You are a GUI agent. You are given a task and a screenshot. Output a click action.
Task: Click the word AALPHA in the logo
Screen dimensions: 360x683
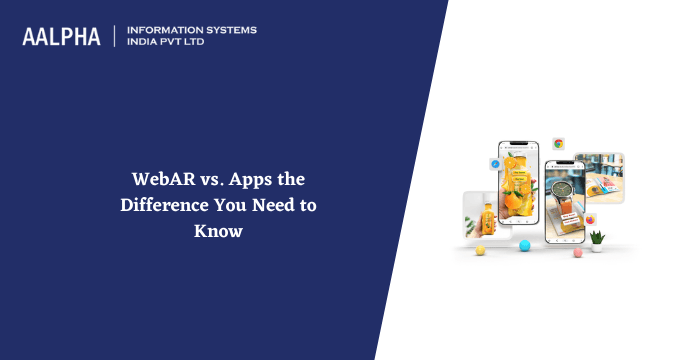click(x=61, y=36)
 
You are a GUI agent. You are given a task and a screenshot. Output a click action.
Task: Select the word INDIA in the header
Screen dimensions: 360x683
click(x=144, y=43)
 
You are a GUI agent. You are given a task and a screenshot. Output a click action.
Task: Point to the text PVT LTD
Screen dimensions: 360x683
click(x=189, y=43)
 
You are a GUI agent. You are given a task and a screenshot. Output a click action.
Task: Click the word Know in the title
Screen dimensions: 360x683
click(x=219, y=230)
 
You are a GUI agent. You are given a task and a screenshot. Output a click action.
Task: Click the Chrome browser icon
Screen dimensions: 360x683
click(x=558, y=144)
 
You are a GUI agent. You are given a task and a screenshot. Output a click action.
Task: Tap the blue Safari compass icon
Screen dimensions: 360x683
click(x=494, y=163)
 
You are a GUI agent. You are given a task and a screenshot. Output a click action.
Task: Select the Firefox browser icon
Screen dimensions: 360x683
click(x=591, y=218)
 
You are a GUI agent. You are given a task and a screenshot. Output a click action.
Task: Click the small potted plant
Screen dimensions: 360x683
click(x=598, y=238)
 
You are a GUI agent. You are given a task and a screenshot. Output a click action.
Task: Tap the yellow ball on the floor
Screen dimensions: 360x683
click(x=480, y=250)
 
